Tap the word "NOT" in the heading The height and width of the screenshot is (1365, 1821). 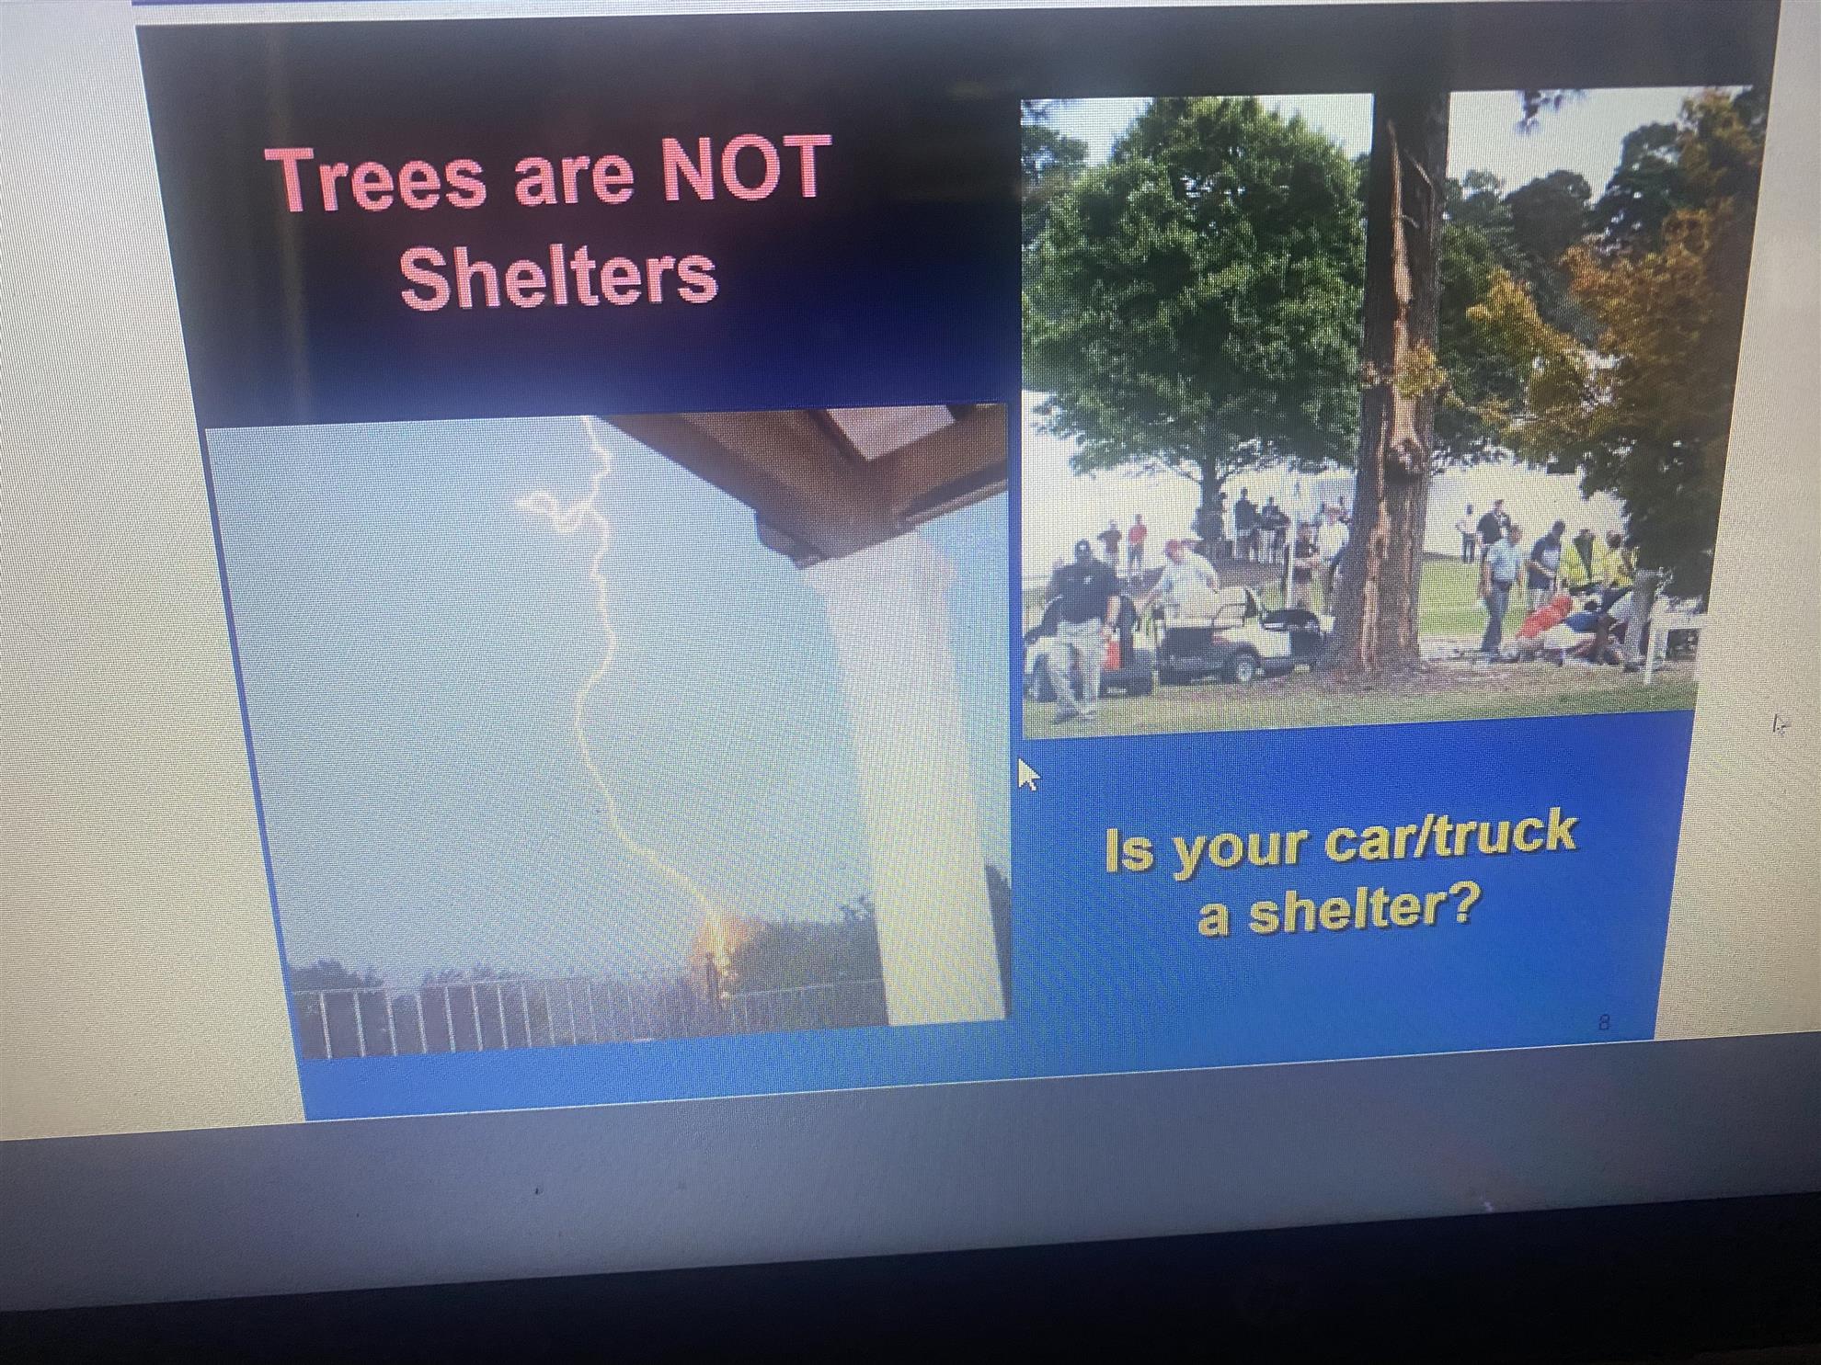pyautogui.click(x=746, y=168)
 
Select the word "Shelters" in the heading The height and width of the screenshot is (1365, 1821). pyautogui.click(x=558, y=276)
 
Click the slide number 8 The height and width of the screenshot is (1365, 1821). pyautogui.click(x=1604, y=1021)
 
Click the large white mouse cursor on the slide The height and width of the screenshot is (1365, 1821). pyautogui.click(x=1027, y=775)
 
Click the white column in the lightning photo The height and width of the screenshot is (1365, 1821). pyautogui.click(x=933, y=781)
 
